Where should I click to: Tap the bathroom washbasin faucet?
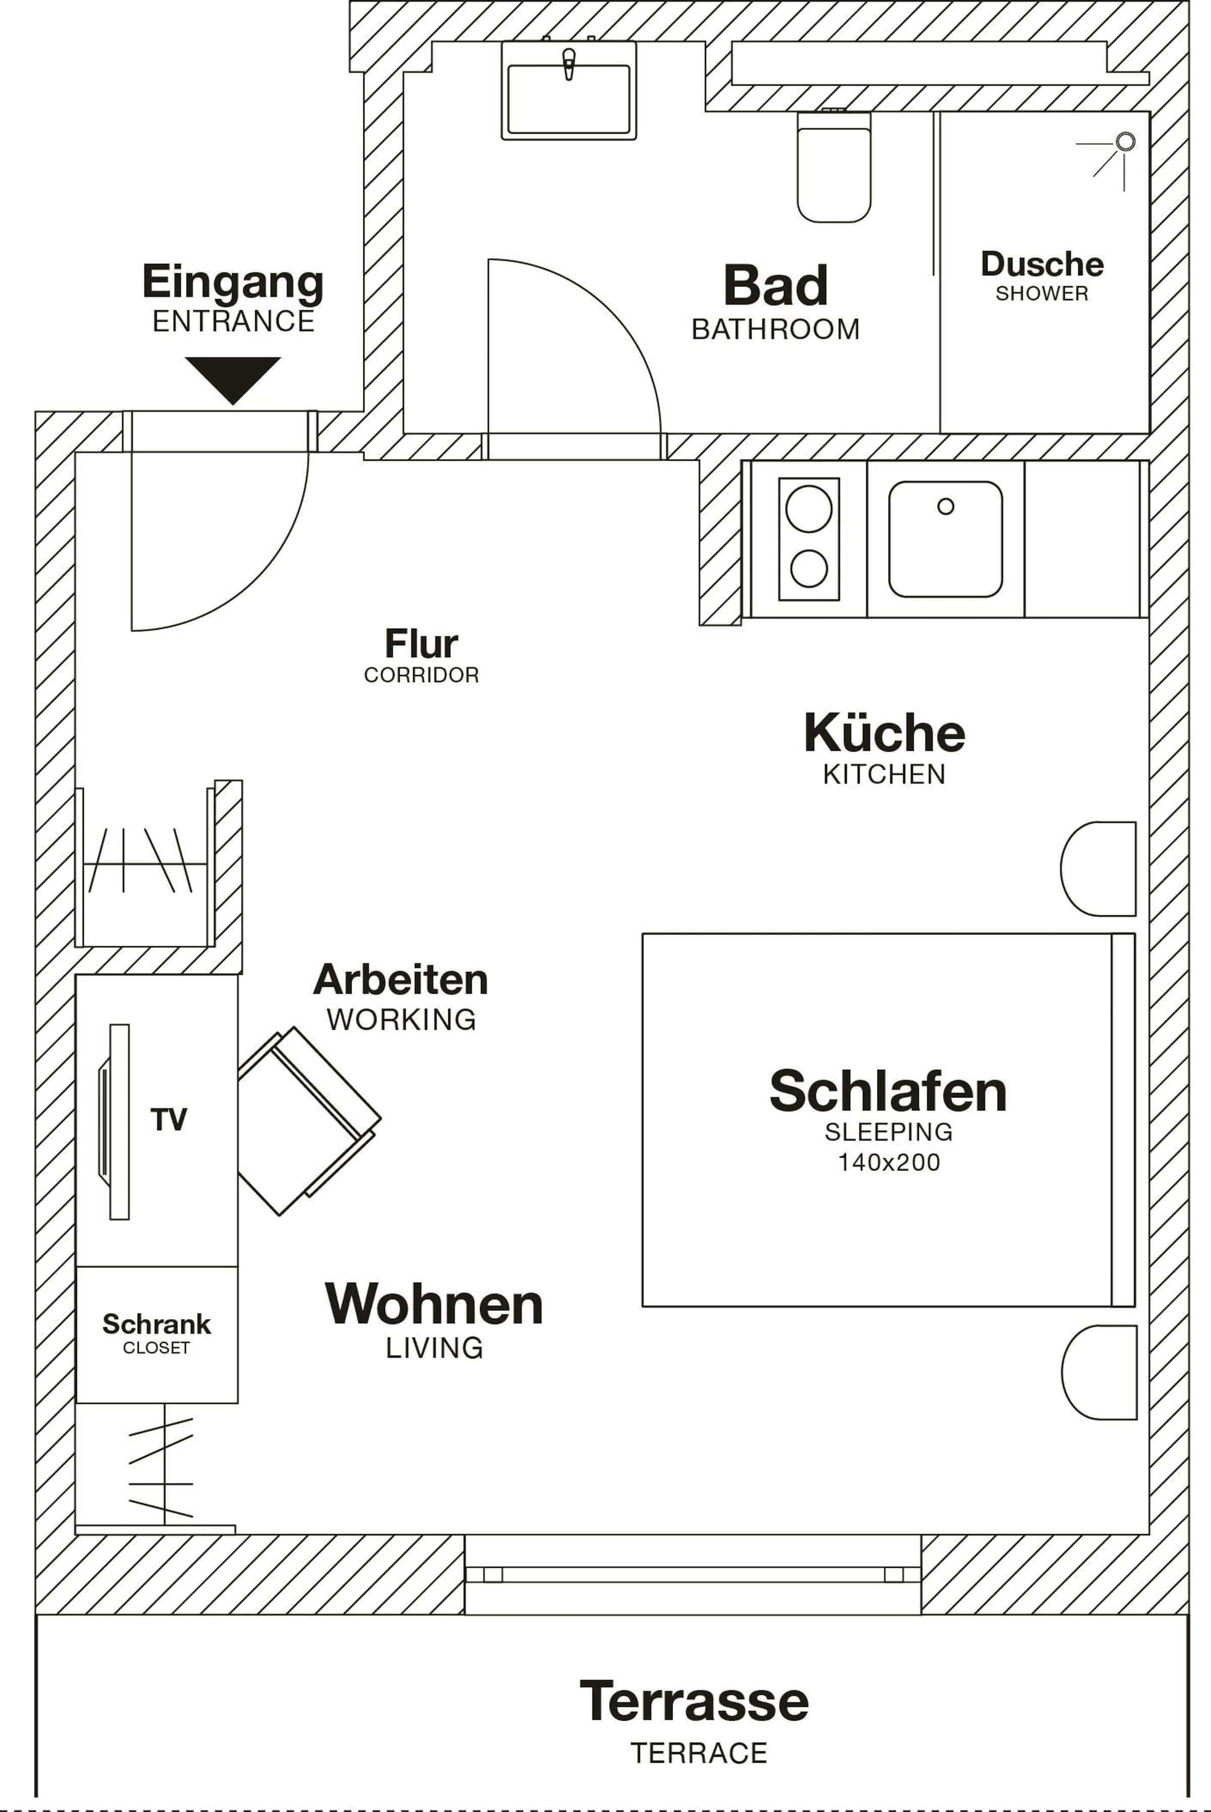tap(569, 64)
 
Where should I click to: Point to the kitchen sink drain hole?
tap(946, 507)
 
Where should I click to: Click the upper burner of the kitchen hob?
tap(809, 509)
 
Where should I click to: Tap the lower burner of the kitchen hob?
tap(809, 569)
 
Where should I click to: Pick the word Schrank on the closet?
tap(157, 1325)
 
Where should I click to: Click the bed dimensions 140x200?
tap(889, 1163)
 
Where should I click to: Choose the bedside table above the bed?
tap(1098, 869)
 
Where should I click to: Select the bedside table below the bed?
tap(1099, 1372)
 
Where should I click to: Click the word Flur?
tap(422, 643)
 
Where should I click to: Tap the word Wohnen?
tap(434, 1304)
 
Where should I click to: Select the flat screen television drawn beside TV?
tap(115, 1122)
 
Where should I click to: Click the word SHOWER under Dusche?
tap(1042, 294)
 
